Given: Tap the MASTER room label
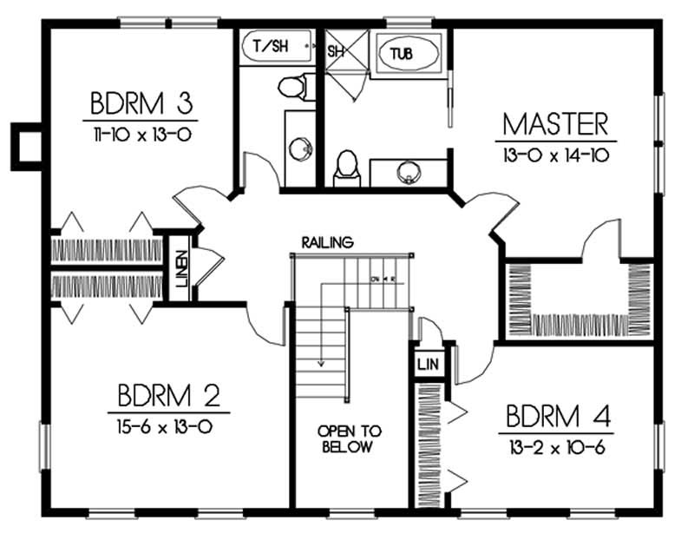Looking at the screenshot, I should point(555,123).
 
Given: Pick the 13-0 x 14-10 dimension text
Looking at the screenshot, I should point(555,155).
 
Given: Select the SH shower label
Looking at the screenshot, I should point(336,51).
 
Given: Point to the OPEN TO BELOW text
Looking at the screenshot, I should point(350,439).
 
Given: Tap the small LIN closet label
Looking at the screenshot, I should point(427,363).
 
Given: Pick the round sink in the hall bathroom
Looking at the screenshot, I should point(300,149).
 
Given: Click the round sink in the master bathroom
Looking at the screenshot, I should point(408,171).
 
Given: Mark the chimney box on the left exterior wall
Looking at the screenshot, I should point(25,145).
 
